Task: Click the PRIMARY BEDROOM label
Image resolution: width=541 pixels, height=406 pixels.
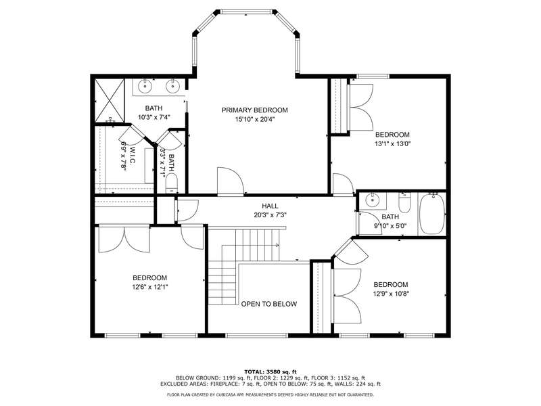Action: [255, 110]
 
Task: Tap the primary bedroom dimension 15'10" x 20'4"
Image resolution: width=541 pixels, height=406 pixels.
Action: [255, 120]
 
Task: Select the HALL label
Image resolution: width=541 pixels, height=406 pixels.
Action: [270, 206]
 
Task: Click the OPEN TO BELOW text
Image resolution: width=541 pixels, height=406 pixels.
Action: [268, 304]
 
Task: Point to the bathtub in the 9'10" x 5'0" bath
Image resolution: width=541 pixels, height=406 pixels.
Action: [432, 214]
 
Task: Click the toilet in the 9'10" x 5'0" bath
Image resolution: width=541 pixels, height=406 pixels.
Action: [404, 203]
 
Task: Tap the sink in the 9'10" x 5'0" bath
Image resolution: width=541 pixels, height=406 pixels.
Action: [372, 200]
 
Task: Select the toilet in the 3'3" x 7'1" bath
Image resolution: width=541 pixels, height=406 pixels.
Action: [172, 183]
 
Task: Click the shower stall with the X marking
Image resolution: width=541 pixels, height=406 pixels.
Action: [109, 100]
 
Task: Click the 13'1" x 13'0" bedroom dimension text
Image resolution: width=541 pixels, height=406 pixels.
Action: [393, 143]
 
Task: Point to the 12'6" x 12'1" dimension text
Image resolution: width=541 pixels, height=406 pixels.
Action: [150, 287]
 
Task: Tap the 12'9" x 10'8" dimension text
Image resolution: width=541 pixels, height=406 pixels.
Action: [391, 294]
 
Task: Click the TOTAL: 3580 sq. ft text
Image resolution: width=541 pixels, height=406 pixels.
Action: [270, 371]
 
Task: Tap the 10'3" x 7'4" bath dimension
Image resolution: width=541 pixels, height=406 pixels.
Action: [154, 117]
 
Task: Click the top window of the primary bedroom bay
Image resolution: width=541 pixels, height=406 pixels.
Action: [246, 12]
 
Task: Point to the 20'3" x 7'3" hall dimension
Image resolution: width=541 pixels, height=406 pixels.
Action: [270, 215]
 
